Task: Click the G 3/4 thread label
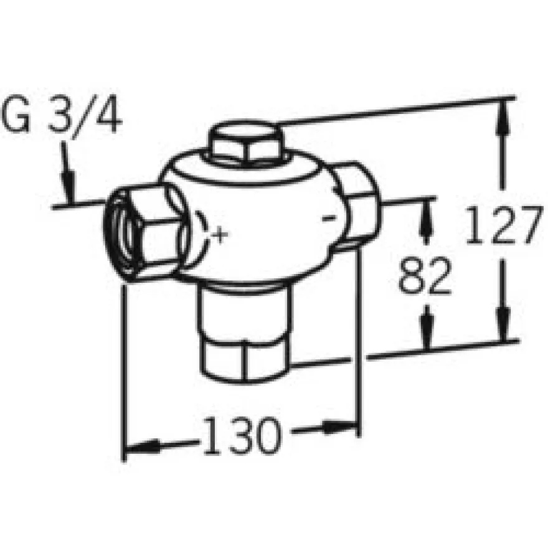pos(62,115)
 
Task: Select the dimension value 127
pos(504,225)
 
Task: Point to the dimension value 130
pos(242,435)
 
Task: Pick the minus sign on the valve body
pos(329,218)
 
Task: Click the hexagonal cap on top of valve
pos(247,141)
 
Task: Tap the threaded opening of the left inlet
pos(121,234)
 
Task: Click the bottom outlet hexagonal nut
pos(245,362)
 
